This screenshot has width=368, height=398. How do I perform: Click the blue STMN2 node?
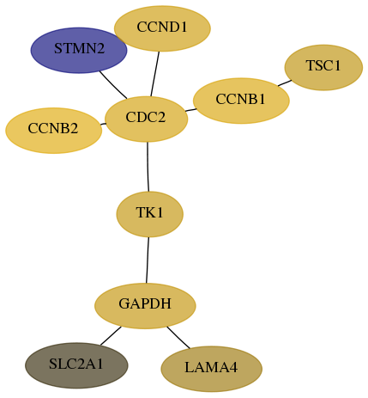[x=79, y=51]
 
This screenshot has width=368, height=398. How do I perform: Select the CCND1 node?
[x=162, y=28]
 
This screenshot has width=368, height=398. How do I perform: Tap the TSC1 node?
[x=323, y=67]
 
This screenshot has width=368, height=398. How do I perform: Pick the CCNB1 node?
[x=241, y=101]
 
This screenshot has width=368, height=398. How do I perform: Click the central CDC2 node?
[x=146, y=119]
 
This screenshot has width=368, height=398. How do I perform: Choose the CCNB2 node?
[x=53, y=131]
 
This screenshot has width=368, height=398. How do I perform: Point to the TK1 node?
[x=149, y=214]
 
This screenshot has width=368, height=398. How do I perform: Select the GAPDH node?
[x=145, y=306]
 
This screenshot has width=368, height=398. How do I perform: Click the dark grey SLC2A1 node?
[x=76, y=365]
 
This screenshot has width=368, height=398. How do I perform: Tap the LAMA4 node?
[x=211, y=369]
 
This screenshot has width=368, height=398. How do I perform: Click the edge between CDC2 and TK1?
[x=148, y=167]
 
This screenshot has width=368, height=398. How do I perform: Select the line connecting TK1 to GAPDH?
[x=148, y=260]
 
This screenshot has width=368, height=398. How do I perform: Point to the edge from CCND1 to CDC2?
[x=154, y=74]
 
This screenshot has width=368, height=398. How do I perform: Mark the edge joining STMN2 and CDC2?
[x=113, y=85]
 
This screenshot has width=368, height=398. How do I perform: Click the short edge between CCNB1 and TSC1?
[x=285, y=83]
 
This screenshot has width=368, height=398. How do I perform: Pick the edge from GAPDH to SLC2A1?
[x=111, y=335]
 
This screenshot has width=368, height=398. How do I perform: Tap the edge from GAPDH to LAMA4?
[x=178, y=338]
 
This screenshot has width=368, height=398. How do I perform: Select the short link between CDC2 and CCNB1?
[x=190, y=110]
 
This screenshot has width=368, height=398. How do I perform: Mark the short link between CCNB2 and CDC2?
[x=103, y=124]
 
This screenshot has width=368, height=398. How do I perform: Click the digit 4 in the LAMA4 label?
[x=233, y=367]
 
